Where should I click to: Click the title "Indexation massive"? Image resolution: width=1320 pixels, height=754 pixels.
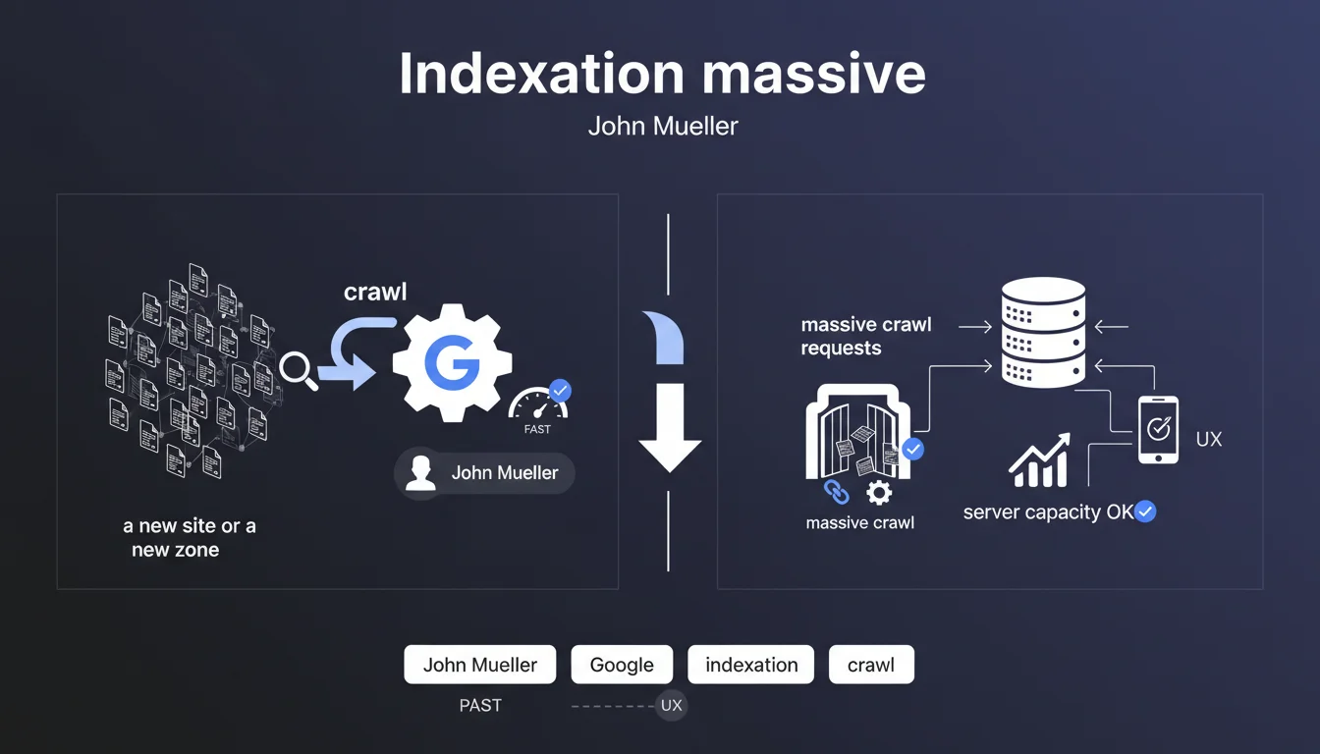coord(661,74)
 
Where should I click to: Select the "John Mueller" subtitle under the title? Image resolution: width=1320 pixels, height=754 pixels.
coord(662,127)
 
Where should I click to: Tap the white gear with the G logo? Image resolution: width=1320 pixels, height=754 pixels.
coord(451,362)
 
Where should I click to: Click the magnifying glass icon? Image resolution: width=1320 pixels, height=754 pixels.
coord(298,371)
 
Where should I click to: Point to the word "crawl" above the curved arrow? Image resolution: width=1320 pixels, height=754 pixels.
coord(375,292)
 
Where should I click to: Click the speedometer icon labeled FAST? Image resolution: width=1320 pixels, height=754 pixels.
coord(536,404)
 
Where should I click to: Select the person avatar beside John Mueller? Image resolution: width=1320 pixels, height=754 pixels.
coord(420,473)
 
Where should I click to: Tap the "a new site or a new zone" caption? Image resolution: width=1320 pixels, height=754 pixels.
coord(189,538)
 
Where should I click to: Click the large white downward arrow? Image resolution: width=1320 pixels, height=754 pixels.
coord(670,428)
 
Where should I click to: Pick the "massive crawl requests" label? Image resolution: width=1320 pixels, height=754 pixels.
coord(865,336)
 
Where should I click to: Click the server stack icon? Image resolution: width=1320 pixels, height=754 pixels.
coord(1043,333)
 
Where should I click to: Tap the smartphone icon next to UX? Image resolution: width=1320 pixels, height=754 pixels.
coord(1158,429)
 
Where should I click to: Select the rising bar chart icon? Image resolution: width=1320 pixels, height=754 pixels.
coord(1039,462)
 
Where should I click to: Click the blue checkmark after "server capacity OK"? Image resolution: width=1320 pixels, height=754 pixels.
coord(1145,512)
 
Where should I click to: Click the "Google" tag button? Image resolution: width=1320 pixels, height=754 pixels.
coord(622,665)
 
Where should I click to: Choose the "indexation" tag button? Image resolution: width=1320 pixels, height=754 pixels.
coord(751,665)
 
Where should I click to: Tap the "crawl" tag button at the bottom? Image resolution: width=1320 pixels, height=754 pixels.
coord(871,665)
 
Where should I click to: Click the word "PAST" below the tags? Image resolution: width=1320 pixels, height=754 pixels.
coord(480,705)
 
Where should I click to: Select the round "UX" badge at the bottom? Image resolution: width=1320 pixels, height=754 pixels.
coord(671,705)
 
